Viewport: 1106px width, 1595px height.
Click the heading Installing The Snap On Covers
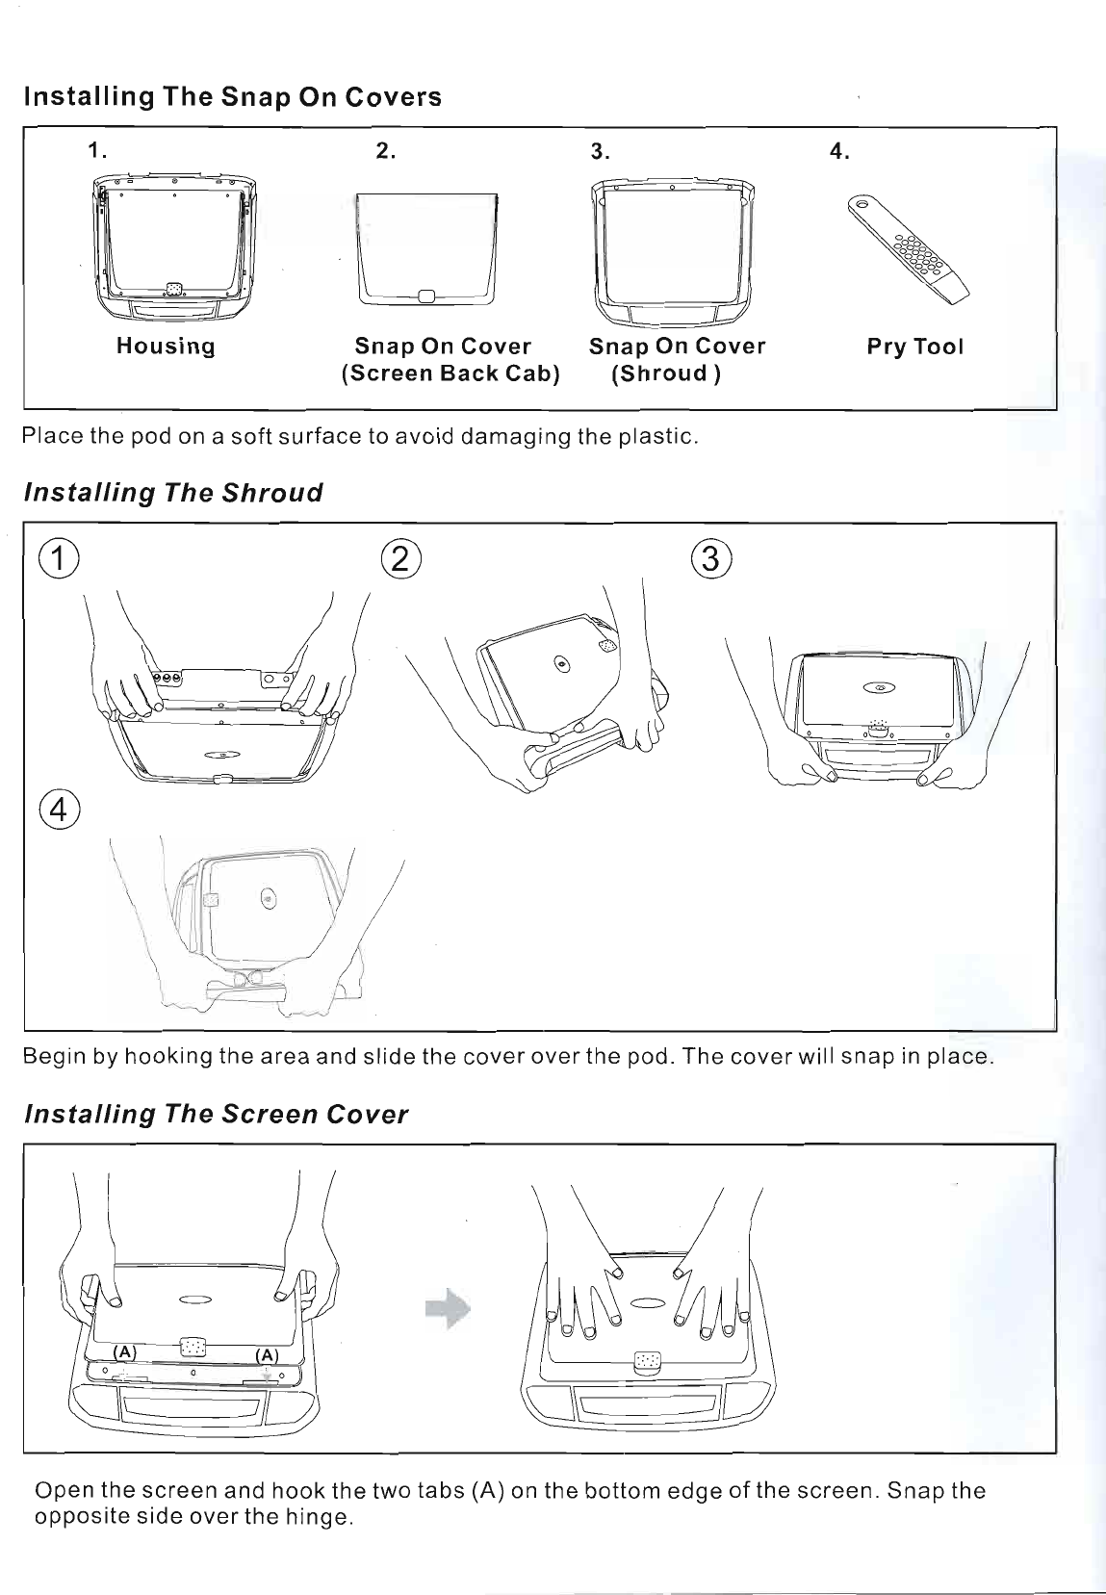[232, 97]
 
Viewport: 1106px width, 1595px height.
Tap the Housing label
[166, 347]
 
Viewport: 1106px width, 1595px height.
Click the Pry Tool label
[914, 347]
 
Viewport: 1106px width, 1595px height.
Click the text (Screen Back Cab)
[450, 373]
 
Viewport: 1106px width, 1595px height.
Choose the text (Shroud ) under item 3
[666, 373]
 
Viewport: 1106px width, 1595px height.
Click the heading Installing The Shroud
[172, 494]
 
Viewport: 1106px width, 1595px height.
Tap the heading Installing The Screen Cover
[216, 1115]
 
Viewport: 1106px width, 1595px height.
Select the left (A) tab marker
[126, 1351]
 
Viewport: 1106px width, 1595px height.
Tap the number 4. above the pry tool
[839, 151]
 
